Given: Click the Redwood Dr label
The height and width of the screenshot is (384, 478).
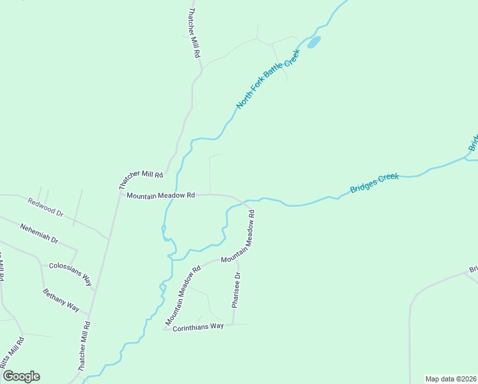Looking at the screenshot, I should pos(45,207).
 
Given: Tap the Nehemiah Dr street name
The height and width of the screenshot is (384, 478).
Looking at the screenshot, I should pos(39,234).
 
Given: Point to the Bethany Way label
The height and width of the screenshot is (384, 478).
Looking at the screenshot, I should pos(61,300).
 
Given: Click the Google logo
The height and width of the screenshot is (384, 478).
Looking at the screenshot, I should pos(21,376).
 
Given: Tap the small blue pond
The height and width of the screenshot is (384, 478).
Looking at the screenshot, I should pos(314,43).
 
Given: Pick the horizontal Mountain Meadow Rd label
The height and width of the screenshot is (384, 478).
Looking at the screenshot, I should pos(160,195).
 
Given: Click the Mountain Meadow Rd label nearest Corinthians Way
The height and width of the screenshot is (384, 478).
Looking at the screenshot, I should pos(183,294).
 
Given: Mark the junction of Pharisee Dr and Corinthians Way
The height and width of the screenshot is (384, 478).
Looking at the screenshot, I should pos(233,324).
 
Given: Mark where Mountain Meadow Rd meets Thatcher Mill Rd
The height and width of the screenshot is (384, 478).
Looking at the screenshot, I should pos(119,195).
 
